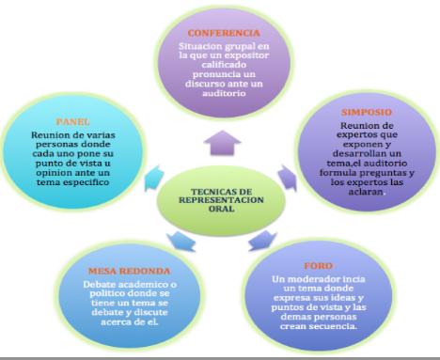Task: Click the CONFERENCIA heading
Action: tap(224, 33)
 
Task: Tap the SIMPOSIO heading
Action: tap(367, 112)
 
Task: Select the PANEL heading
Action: tap(72, 121)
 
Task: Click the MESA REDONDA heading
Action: tap(129, 271)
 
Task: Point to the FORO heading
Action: tap(318, 266)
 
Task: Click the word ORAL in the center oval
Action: tap(221, 209)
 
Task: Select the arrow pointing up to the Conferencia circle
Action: tap(222, 143)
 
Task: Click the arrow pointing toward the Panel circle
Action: tap(154, 178)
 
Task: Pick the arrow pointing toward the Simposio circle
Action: tap(288, 178)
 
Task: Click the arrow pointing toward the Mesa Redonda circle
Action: tap(181, 242)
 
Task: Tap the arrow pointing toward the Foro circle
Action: tap(262, 241)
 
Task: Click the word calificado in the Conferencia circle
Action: tap(224, 65)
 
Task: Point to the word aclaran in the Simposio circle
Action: tap(366, 192)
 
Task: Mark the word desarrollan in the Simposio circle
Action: tap(355, 154)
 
